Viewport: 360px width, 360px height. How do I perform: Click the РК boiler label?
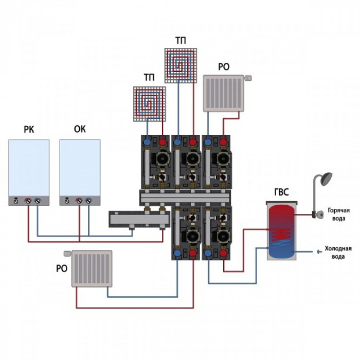click(x=29, y=130)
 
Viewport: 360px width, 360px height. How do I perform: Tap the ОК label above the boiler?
click(x=80, y=129)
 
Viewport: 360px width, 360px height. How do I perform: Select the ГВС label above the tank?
click(x=281, y=192)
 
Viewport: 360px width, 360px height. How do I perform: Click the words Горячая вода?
click(x=338, y=214)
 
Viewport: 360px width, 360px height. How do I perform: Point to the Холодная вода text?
click(x=338, y=253)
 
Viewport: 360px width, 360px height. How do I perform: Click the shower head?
click(x=326, y=179)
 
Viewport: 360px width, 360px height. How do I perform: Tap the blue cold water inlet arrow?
click(x=319, y=252)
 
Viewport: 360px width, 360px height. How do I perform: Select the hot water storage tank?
click(x=282, y=230)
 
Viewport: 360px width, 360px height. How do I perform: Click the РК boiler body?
click(x=29, y=172)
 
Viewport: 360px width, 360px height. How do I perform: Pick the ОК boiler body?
click(x=80, y=172)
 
